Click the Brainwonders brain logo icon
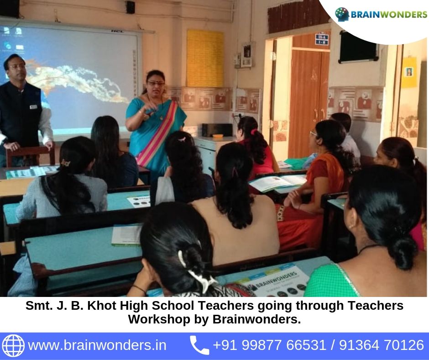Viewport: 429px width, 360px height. click(x=342, y=14)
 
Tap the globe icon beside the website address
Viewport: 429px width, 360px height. click(x=13, y=345)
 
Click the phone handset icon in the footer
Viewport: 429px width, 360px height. click(x=199, y=345)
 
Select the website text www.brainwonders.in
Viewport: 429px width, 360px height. click(x=97, y=345)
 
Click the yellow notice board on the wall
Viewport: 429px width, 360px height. click(x=205, y=58)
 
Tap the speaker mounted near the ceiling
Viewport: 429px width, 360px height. click(x=131, y=7)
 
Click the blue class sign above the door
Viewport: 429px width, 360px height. click(x=322, y=39)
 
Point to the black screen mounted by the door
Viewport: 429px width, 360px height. click(x=358, y=47)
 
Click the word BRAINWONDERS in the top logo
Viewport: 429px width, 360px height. click(x=389, y=15)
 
